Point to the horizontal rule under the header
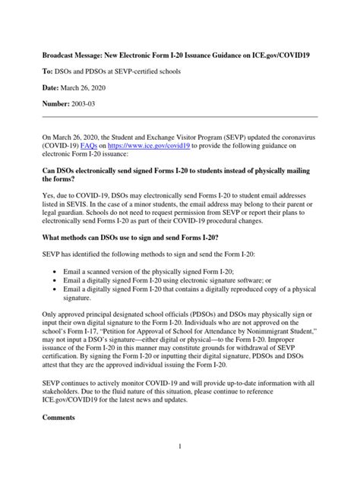[179, 118]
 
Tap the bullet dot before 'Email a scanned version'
[55, 271]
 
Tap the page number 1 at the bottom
[180, 458]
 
